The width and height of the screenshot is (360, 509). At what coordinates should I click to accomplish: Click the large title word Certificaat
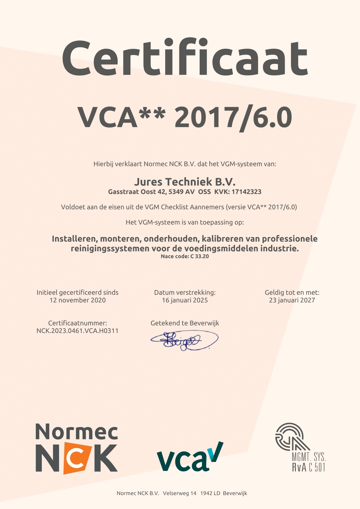pyautogui.click(x=185, y=58)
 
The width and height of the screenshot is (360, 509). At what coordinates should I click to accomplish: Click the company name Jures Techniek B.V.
pyautogui.click(x=185, y=182)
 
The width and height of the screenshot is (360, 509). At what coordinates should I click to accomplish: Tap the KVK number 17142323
pyautogui.click(x=246, y=192)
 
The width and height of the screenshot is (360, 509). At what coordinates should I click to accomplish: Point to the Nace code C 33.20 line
pyautogui.click(x=185, y=256)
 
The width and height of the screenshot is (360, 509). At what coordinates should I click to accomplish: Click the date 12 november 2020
pyautogui.click(x=77, y=300)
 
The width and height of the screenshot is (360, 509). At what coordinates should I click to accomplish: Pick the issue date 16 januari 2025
pyautogui.click(x=185, y=300)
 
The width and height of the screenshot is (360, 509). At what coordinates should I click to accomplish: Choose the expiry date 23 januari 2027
pyautogui.click(x=292, y=300)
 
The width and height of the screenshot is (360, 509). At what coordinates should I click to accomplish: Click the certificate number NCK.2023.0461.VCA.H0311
pyautogui.click(x=77, y=331)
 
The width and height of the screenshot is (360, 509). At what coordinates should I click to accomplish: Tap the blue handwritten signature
pyautogui.click(x=184, y=340)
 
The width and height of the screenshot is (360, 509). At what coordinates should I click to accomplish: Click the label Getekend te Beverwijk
pyautogui.click(x=185, y=323)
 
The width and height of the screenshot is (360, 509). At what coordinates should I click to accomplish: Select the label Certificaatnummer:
pyautogui.click(x=77, y=323)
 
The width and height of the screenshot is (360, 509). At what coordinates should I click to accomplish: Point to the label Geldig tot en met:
pyautogui.click(x=292, y=292)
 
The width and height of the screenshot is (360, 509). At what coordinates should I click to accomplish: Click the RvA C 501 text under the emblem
pyautogui.click(x=309, y=467)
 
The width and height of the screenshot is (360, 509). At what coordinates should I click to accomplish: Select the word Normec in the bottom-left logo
pyautogui.click(x=77, y=432)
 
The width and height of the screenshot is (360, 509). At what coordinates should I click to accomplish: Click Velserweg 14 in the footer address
pyautogui.click(x=180, y=493)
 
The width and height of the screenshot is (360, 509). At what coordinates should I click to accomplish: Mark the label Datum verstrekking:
pyautogui.click(x=185, y=292)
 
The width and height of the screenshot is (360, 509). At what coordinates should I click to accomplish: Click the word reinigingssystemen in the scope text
pyautogui.click(x=110, y=249)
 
